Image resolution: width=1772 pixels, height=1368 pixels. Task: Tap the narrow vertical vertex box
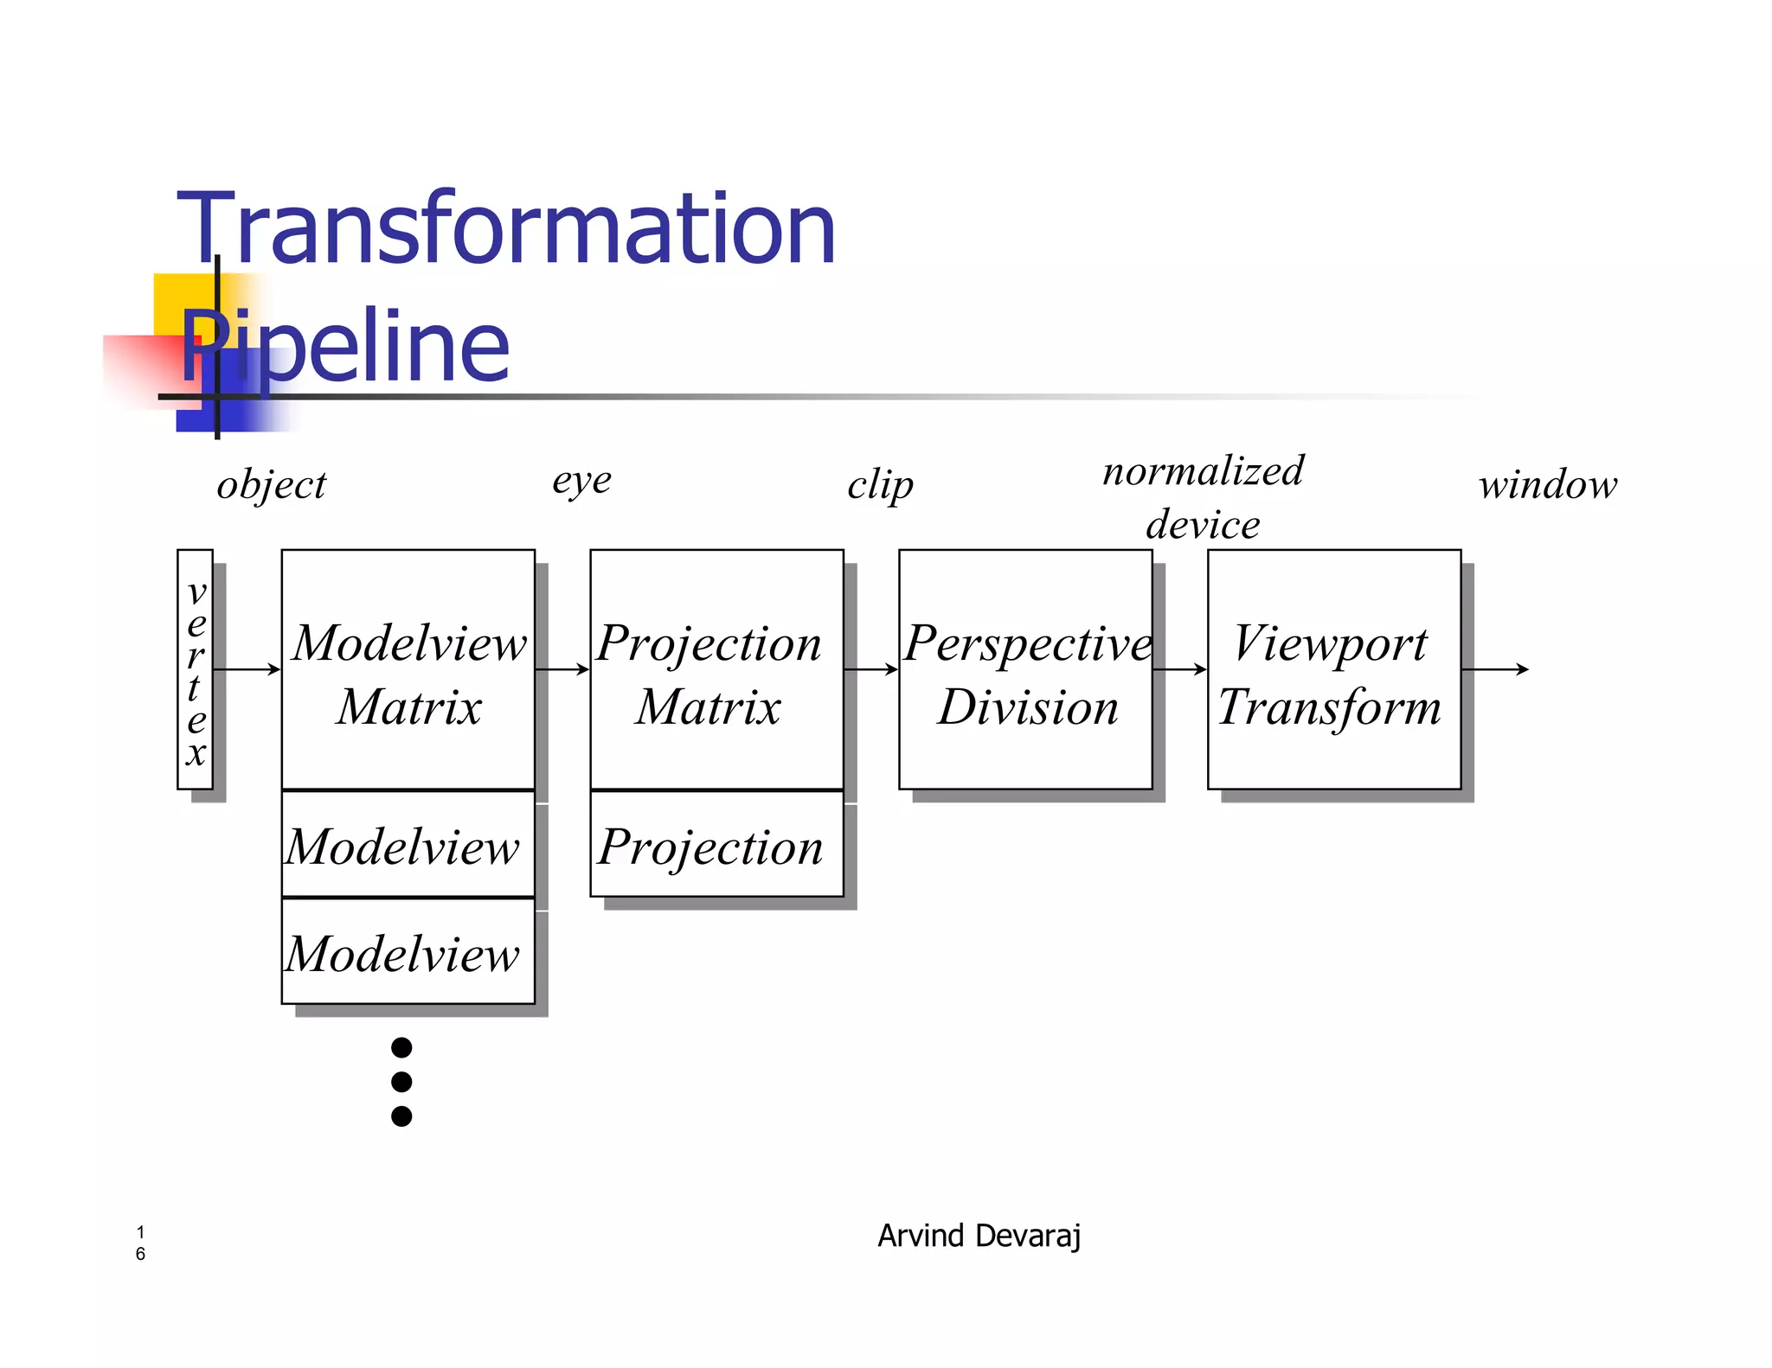(195, 669)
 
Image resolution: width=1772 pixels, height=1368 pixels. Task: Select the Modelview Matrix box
(408, 669)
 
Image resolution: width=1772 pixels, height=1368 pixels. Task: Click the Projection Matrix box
(716, 669)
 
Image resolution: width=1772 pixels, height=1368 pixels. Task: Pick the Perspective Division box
(1025, 669)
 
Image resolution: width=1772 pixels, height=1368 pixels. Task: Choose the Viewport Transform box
(1333, 669)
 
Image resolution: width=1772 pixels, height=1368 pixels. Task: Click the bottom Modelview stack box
(408, 952)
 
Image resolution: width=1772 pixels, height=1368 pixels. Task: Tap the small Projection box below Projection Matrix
(716, 845)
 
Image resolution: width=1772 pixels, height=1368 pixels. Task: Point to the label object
(272, 485)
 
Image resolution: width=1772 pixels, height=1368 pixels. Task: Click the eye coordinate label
(581, 480)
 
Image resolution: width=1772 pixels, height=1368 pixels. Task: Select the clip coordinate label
(880, 485)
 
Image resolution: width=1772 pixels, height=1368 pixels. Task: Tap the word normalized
(1203, 471)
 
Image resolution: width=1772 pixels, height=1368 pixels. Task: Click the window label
(1548, 485)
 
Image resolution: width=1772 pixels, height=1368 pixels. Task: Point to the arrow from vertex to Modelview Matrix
(247, 669)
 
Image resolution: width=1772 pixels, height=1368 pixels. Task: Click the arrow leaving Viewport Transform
(1494, 669)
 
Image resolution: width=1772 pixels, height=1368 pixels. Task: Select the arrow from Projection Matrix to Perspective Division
(870, 669)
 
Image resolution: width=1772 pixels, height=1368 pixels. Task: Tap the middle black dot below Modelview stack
(401, 1082)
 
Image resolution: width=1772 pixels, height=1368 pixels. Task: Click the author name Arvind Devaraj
(979, 1236)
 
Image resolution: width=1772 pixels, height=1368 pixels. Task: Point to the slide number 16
(140, 1243)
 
